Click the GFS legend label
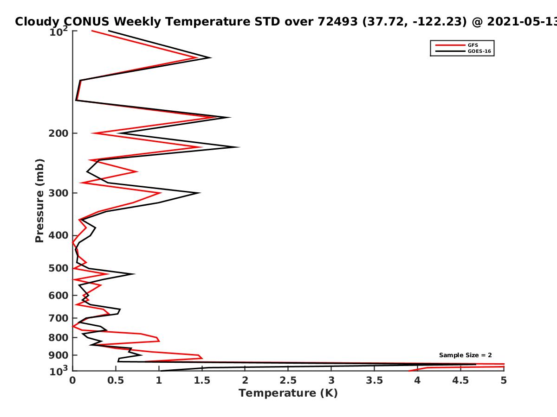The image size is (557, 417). (x=473, y=45)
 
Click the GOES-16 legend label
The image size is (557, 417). (x=479, y=51)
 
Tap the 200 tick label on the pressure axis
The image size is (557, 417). (x=58, y=133)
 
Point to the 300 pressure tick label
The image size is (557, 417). (x=58, y=193)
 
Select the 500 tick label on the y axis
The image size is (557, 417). (x=58, y=268)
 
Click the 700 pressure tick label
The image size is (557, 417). (x=58, y=318)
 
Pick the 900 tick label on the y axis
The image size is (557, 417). (x=58, y=355)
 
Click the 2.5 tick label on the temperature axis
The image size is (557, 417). (x=288, y=380)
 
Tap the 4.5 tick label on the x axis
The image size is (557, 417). (x=460, y=380)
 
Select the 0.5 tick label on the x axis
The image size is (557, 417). (x=116, y=380)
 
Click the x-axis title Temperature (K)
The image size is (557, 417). (x=288, y=393)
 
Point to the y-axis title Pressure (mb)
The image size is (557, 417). (x=39, y=201)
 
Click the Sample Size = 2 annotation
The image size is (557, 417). (x=466, y=355)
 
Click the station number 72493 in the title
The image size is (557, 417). (x=338, y=22)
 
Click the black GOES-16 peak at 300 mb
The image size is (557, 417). (x=199, y=193)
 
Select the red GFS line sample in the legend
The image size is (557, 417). (x=450, y=45)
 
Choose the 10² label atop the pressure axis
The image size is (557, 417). (x=58, y=32)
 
